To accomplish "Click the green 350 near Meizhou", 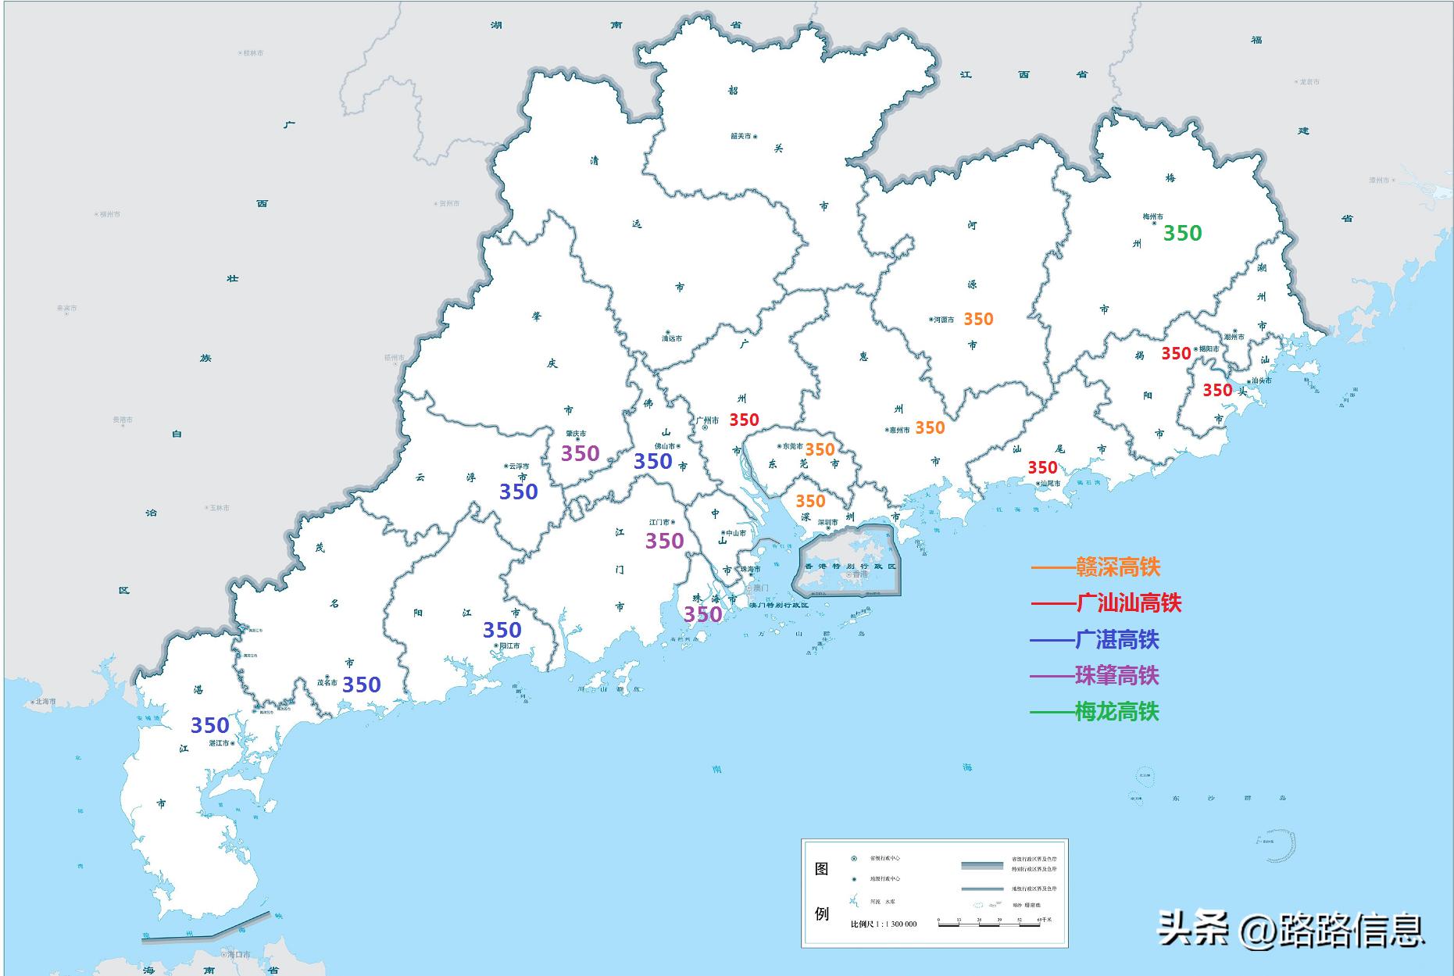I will pyautogui.click(x=1182, y=233).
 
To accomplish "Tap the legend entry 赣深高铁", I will pyautogui.click(x=1117, y=567).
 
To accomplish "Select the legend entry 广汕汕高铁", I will pyautogui.click(x=1128, y=602).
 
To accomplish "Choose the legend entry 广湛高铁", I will pyautogui.click(x=1116, y=640).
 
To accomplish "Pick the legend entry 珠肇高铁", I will pyautogui.click(x=1116, y=675).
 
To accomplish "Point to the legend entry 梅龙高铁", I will pyautogui.click(x=1116, y=711).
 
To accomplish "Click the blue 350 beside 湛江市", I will pyautogui.click(x=210, y=725).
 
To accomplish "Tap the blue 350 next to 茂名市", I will pyautogui.click(x=361, y=685).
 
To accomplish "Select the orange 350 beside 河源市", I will pyautogui.click(x=977, y=319).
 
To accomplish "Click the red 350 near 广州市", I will pyautogui.click(x=744, y=420).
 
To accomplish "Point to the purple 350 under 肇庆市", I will pyautogui.click(x=581, y=453).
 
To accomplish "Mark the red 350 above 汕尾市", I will pyautogui.click(x=1042, y=467).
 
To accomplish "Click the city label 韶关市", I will pyautogui.click(x=741, y=136).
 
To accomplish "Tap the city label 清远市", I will pyautogui.click(x=672, y=338).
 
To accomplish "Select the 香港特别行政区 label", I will pyautogui.click(x=851, y=566).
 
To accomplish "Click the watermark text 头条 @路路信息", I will pyautogui.click(x=1290, y=930).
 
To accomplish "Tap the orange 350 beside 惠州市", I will pyautogui.click(x=930, y=427).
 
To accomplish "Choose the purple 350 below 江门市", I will pyautogui.click(x=664, y=541).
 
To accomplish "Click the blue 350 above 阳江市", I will pyautogui.click(x=502, y=630).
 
